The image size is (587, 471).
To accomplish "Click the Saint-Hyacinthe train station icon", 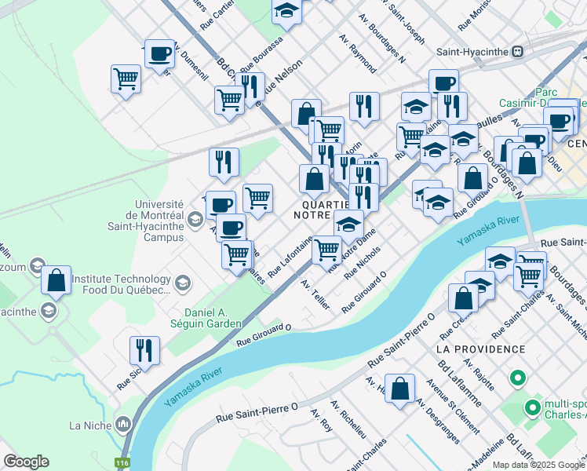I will point(517,52).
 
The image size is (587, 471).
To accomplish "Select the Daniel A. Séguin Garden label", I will point(202,318).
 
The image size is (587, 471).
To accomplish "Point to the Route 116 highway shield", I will point(122,463).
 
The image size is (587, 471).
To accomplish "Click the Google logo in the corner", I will point(26,462).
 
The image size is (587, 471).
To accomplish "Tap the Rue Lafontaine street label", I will point(291,256).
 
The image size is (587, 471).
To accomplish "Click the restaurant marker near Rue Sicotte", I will point(144,350).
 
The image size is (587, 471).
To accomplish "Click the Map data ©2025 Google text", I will point(538,465).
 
